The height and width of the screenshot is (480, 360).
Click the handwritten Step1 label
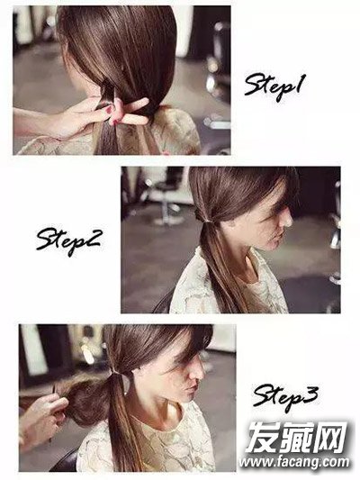coord(274,86)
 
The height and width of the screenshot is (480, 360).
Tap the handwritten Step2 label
coord(67,241)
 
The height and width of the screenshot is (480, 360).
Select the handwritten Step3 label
coord(285,398)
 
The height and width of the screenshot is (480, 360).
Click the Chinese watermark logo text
coord(297,437)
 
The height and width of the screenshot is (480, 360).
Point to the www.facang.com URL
coord(294,462)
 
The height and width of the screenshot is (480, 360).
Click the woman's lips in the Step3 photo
coord(193,390)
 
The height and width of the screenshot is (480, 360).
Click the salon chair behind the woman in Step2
coord(166,196)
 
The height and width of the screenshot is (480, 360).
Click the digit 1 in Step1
coord(300,83)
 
